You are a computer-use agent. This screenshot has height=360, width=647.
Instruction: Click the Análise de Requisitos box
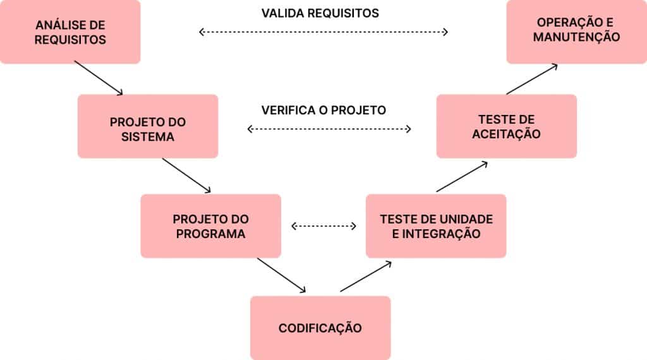(x=70, y=32)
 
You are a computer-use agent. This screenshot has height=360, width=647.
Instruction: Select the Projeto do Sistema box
(x=147, y=126)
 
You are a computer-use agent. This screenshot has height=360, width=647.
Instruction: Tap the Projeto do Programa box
(x=210, y=226)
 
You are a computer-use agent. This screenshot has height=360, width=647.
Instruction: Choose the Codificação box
(x=320, y=328)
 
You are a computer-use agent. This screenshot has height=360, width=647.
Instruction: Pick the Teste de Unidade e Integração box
(x=436, y=226)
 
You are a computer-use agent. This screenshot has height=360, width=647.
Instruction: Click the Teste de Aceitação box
(x=506, y=126)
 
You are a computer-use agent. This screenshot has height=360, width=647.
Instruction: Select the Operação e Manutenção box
(x=576, y=32)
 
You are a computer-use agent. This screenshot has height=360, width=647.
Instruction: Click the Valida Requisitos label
(x=320, y=13)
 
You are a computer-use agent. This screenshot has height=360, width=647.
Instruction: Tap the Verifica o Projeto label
(x=323, y=110)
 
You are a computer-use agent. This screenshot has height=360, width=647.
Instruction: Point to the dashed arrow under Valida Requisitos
(x=323, y=32)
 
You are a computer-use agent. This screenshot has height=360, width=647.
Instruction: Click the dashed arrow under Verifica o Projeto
(x=329, y=129)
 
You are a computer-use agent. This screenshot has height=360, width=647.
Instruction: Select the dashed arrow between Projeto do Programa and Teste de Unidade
(x=323, y=225)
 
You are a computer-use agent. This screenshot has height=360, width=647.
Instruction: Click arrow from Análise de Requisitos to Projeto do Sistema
(x=99, y=78)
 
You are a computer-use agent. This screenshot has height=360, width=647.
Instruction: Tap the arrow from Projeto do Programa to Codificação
(x=281, y=275)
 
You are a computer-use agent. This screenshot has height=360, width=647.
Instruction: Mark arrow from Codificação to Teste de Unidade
(x=366, y=276)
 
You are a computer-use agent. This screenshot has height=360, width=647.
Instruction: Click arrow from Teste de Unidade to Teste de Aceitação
(x=462, y=176)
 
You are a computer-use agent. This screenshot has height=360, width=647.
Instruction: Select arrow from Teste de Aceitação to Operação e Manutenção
(x=532, y=79)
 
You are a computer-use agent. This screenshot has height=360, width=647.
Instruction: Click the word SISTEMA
(x=147, y=135)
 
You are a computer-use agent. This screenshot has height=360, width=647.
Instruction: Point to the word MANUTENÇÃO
(x=576, y=37)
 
